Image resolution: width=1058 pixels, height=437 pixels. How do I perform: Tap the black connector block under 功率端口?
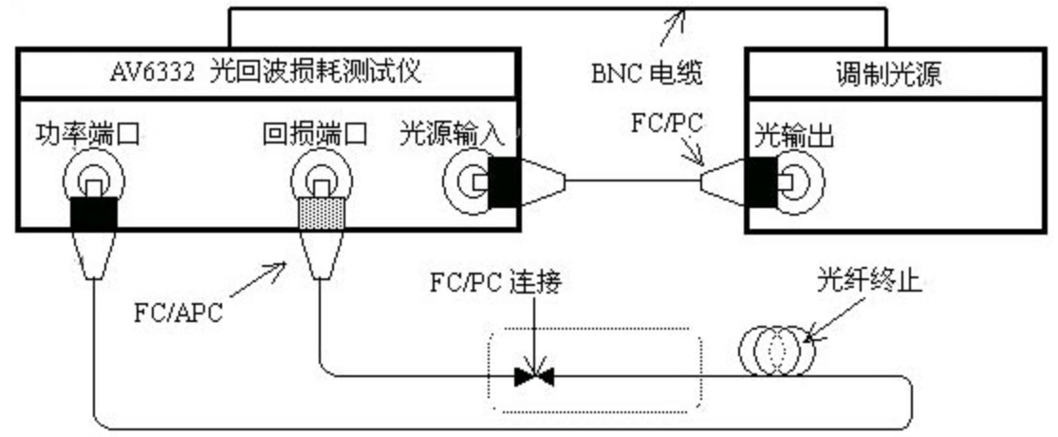click(x=94, y=214)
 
